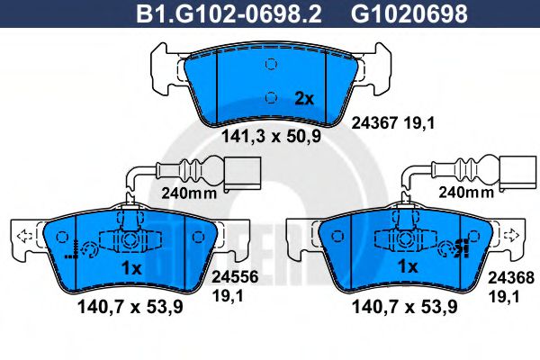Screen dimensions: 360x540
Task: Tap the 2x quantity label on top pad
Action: tap(305, 100)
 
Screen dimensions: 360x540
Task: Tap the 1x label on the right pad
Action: tap(408, 267)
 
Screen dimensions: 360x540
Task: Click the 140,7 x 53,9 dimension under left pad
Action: tap(130, 307)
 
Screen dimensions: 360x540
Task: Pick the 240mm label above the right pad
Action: tap(464, 192)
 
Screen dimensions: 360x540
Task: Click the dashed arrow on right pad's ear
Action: tap(512, 236)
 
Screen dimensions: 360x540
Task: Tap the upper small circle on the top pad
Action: tap(271, 66)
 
